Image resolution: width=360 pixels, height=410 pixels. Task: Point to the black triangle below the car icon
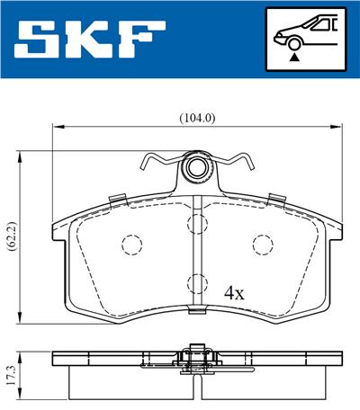click(x=294, y=57)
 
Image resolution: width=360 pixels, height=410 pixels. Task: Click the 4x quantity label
click(x=235, y=293)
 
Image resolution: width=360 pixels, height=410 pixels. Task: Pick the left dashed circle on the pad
click(x=131, y=245)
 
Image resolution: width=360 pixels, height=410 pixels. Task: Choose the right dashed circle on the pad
click(x=262, y=245)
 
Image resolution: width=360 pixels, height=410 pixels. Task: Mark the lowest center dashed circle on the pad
click(x=197, y=286)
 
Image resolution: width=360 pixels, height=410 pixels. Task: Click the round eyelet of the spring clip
click(x=197, y=168)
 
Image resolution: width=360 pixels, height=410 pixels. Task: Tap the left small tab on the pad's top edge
click(x=113, y=199)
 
